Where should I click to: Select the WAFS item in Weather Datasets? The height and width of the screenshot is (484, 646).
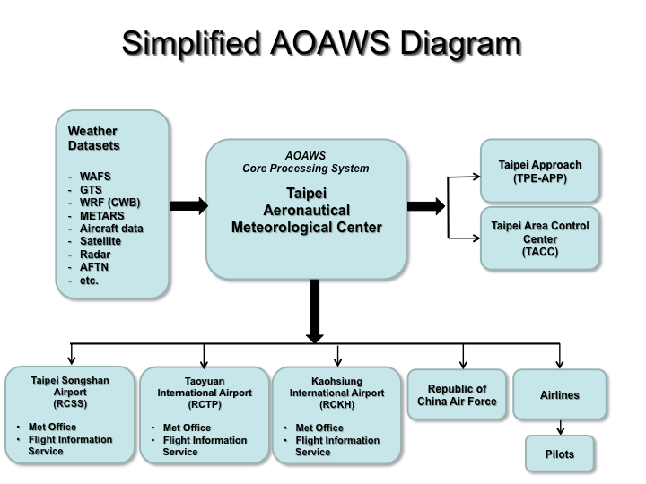coord(93,177)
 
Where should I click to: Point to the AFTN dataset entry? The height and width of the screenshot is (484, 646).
coord(94,267)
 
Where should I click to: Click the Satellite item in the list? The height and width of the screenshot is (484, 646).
coord(100,241)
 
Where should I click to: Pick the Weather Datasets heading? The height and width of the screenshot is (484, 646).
coord(93,138)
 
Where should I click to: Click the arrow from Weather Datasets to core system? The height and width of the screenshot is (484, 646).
coord(188,206)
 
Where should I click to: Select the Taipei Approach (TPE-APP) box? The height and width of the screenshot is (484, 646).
coord(539,171)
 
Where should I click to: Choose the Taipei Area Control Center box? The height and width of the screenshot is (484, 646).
coord(539,238)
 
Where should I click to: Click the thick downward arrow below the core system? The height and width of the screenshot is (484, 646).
coord(314,311)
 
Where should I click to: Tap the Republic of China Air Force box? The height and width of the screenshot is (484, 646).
coord(457,395)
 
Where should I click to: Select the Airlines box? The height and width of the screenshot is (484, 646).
coord(559,395)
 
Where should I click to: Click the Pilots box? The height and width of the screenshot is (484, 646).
coord(559,454)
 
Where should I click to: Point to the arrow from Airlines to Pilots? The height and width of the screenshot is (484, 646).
coord(559,428)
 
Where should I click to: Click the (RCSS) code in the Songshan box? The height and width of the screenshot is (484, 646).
coord(70,403)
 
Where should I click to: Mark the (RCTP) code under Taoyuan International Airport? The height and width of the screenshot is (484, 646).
coord(205,404)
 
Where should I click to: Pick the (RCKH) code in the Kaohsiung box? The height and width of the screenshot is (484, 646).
coord(336,404)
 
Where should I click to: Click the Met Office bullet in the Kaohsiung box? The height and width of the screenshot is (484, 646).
coord(319,428)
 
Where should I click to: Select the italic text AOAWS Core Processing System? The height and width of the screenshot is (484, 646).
coord(306,161)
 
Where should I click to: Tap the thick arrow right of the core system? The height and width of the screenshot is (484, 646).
coord(425,206)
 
